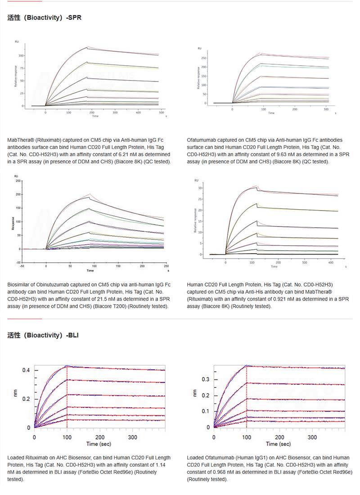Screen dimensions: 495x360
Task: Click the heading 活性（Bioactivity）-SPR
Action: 45,18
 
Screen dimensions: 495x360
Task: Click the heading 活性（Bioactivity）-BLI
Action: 43,335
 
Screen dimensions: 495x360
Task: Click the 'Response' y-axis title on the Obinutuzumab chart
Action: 13,221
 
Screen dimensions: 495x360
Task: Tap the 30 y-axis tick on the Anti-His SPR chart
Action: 201,188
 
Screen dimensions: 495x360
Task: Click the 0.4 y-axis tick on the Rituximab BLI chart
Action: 26,370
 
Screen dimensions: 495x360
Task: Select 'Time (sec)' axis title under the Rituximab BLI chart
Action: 99,444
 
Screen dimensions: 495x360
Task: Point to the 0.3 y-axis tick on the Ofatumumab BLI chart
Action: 206,379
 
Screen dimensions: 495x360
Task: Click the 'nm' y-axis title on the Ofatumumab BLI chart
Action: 194,393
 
